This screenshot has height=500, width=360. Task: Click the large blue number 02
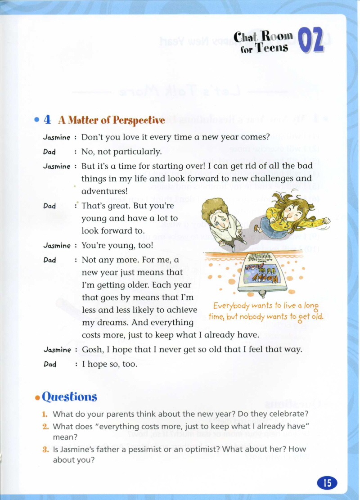pos(310,41)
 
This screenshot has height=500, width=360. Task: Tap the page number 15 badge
pos(327,483)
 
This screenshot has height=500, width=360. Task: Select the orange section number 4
pos(47,120)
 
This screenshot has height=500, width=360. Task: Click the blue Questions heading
pos(69,396)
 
